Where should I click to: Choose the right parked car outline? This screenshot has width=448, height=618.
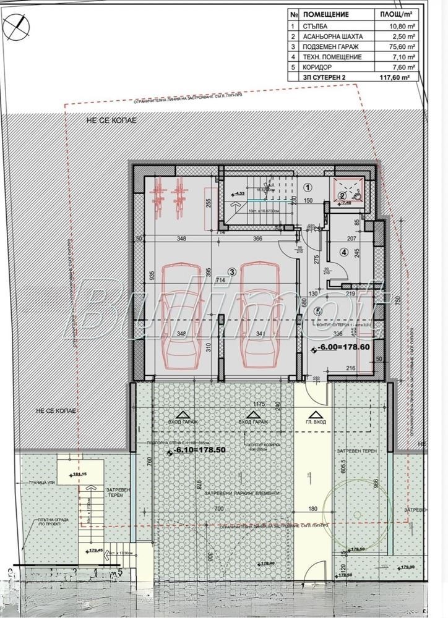[x=259, y=315]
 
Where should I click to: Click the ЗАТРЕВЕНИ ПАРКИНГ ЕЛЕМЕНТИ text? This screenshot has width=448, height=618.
[x=244, y=493]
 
